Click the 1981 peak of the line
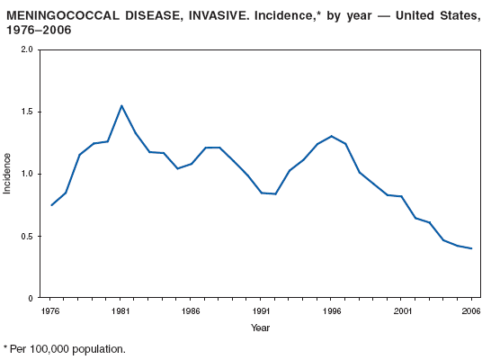(121, 105)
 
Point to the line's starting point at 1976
(51, 205)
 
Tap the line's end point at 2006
(472, 248)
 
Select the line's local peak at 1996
(332, 136)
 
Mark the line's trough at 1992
(276, 194)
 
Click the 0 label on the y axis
(31, 298)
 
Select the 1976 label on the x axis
(51, 310)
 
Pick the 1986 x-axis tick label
(192, 310)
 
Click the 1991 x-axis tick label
(262, 310)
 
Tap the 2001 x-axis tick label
(402, 310)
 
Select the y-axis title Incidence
(8, 174)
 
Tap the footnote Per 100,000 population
(67, 348)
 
